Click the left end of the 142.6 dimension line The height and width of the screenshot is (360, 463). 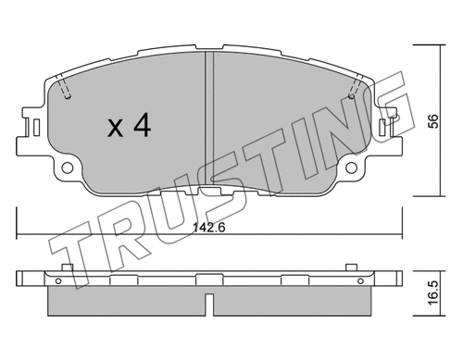pos(18,231)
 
